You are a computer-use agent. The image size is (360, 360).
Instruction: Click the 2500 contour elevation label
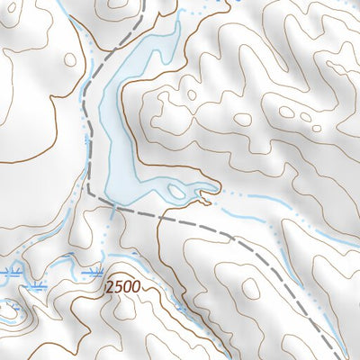coord(122,287)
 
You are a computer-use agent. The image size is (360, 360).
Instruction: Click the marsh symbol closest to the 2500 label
coord(94,271)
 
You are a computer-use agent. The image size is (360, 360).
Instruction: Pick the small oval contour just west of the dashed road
coord(71,58)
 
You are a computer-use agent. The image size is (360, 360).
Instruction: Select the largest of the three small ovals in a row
coord(287,111)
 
